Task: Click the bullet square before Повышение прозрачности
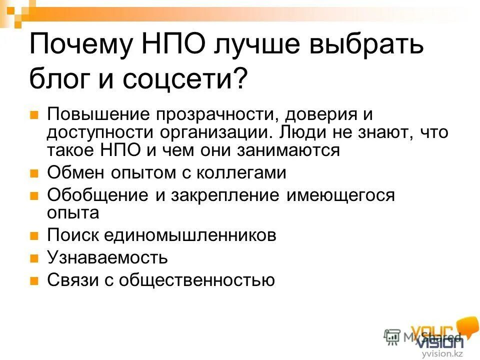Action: pos(34,115)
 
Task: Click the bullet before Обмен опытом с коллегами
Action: pos(34,174)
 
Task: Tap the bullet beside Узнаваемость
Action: pos(34,258)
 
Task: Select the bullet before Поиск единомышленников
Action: pos(34,236)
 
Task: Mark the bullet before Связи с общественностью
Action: pos(34,280)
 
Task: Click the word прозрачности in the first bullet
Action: pos(215,114)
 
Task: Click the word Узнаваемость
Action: pos(107,257)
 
